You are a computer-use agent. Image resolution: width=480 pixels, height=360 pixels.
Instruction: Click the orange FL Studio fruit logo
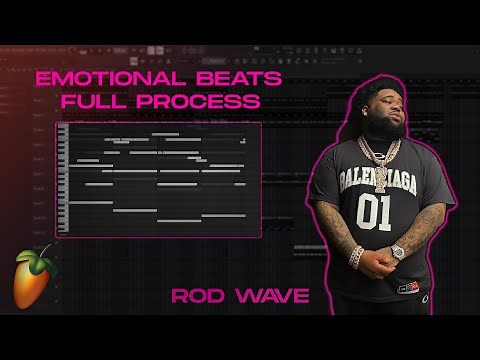(33, 283)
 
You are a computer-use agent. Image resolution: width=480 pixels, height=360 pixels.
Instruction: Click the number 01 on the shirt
(373, 214)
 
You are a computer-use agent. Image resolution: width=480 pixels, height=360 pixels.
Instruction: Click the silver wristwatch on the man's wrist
(397, 252)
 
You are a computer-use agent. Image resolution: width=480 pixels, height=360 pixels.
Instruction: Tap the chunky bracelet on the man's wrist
(357, 256)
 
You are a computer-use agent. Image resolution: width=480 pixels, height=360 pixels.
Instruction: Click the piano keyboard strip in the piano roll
(63, 179)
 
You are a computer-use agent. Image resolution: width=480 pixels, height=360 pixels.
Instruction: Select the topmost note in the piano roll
(165, 133)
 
